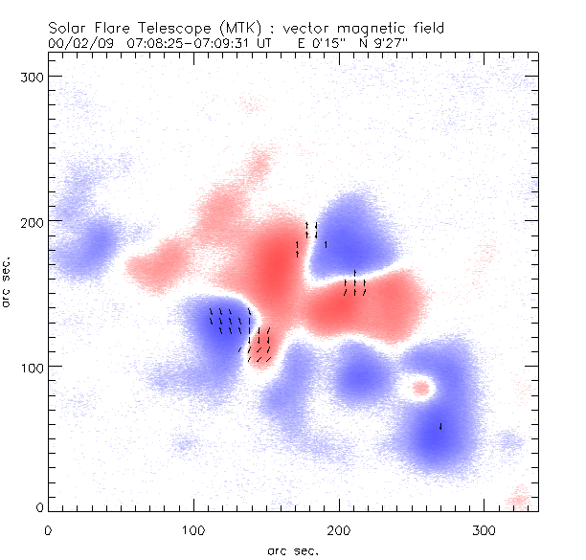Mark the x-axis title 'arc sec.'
point(293,550)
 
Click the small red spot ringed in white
point(419,388)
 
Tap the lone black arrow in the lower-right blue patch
point(440,426)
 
